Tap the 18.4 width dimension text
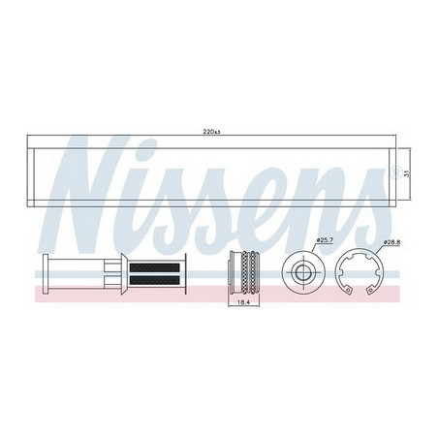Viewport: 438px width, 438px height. tap(242, 301)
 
